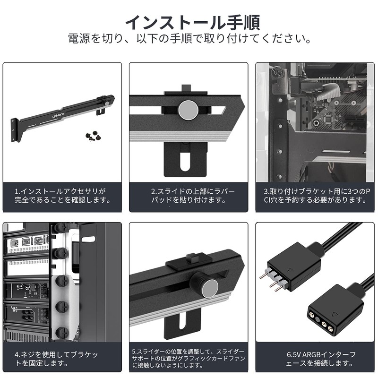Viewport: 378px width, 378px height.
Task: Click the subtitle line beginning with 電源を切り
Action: [x=189, y=37]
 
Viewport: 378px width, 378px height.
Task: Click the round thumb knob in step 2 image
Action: [x=188, y=110]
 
